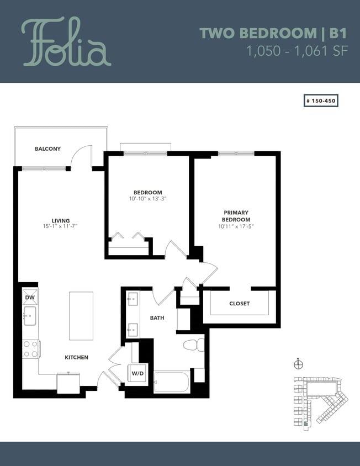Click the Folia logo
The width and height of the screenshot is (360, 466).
(66, 42)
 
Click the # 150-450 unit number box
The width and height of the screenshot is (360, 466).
(320, 101)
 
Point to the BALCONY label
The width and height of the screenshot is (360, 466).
(47, 149)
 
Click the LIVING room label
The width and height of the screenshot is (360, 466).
(61, 220)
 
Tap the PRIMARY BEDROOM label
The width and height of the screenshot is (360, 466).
(236, 216)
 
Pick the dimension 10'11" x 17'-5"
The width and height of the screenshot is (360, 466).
(236, 226)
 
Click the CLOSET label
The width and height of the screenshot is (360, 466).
(239, 304)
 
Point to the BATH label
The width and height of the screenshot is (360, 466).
(157, 318)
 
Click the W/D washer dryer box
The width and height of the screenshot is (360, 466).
(137, 374)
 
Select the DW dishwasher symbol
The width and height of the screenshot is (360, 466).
(29, 298)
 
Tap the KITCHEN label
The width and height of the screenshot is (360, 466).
(77, 357)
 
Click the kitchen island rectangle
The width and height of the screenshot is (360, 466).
(80, 316)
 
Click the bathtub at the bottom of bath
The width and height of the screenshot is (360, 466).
(172, 382)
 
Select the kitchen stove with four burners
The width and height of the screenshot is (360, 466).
(30, 348)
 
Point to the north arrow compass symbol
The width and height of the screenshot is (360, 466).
(299, 364)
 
